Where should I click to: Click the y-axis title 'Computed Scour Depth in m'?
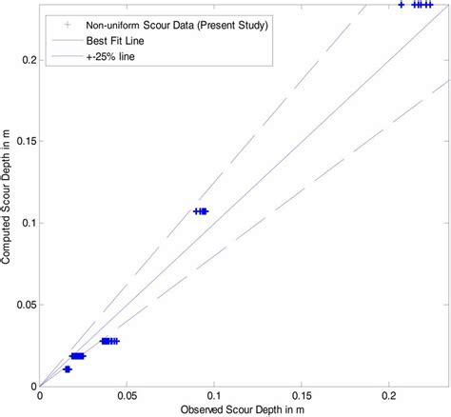click(8, 195)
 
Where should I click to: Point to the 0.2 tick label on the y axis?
click(24, 59)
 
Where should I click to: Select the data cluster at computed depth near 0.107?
click(201, 211)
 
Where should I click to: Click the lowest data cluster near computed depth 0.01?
click(67, 368)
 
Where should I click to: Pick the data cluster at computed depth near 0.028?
click(109, 341)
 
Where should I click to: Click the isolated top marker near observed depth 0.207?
click(402, 5)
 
